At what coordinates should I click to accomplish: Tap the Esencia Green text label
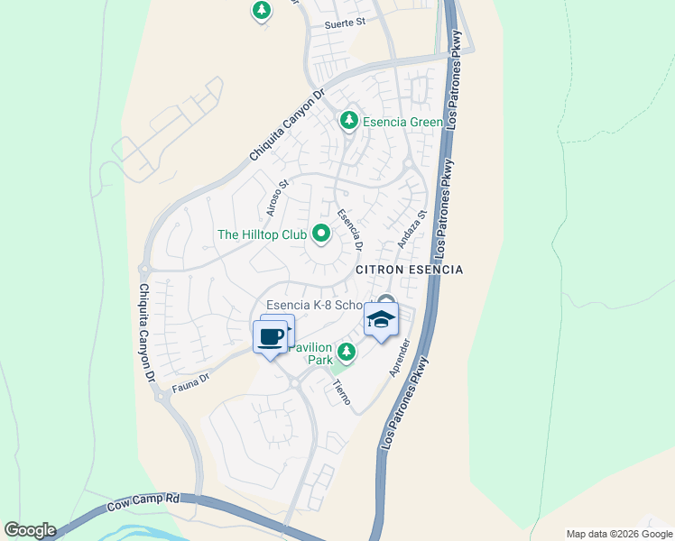coord(402,122)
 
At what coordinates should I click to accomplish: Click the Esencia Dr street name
coord(349,230)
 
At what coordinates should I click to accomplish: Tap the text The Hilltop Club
coord(263,235)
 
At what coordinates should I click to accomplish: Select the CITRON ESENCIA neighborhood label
coord(409,270)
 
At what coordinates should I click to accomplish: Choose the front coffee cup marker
coord(270,338)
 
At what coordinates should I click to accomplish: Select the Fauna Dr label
coord(190,384)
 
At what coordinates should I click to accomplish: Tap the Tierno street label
coord(341,391)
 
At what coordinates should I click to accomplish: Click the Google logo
coord(29,530)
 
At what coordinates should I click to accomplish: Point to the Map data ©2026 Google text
coord(618,534)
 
